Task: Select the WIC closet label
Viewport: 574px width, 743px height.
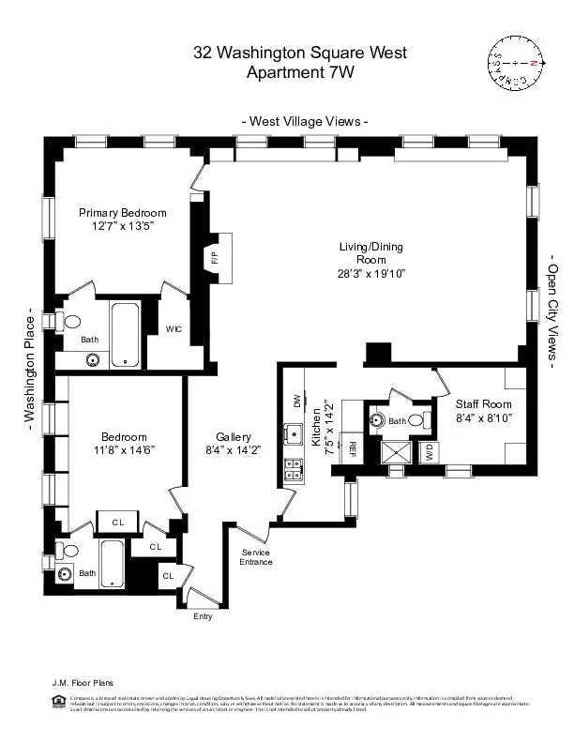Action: tap(174, 329)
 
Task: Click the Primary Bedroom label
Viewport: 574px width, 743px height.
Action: tap(122, 213)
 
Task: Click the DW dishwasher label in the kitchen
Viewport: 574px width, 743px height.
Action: tap(297, 401)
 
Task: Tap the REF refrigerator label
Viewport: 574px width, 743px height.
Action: tap(353, 448)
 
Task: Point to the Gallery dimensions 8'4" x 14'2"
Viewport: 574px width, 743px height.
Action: tap(234, 450)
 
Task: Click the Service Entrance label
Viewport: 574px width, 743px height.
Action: tap(255, 557)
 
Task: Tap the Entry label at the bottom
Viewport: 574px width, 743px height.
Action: tap(203, 616)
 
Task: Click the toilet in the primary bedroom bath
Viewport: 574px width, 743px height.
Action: tap(71, 321)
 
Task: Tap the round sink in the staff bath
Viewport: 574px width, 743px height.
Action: tap(379, 419)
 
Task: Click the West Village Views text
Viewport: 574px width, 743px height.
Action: tap(305, 121)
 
